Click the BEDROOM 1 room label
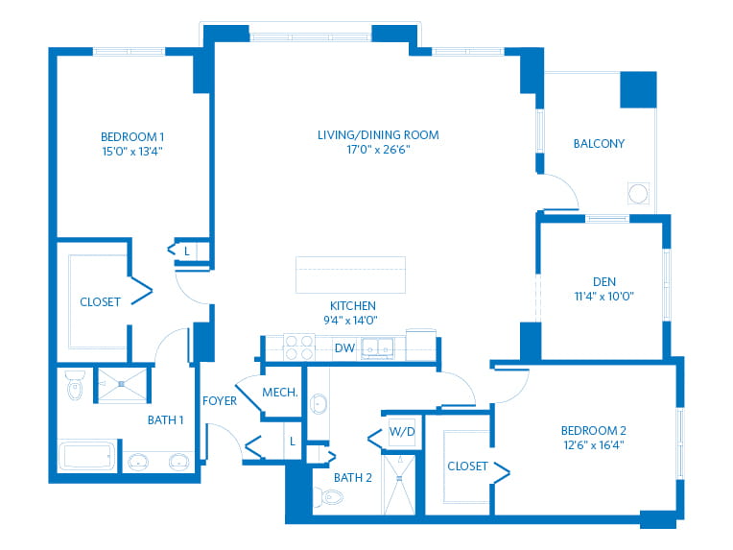[x=132, y=137]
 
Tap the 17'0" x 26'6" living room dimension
[x=378, y=150]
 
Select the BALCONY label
[x=599, y=144]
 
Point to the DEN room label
[x=604, y=281]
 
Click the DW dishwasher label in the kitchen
[x=344, y=348]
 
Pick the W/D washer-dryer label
[x=402, y=432]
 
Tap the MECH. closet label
[x=280, y=393]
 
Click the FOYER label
[x=220, y=401]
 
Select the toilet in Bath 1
[x=75, y=385]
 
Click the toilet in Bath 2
[x=329, y=496]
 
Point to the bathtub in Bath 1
[x=87, y=456]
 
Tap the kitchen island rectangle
[x=350, y=275]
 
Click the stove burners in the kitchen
[x=299, y=347]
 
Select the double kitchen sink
[x=378, y=348]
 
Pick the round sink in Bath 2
[x=319, y=403]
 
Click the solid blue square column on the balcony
[x=638, y=90]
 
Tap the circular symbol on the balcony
[x=638, y=193]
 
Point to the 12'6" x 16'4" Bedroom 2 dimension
[x=594, y=445]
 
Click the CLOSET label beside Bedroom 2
[x=467, y=466]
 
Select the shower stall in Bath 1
[x=122, y=385]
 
